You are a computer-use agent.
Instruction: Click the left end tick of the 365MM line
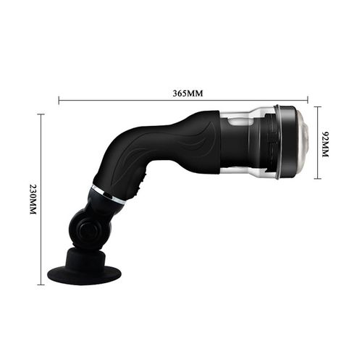coord(59,101)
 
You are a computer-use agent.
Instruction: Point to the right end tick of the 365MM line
coord(308,101)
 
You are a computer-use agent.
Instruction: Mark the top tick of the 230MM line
coord(41,114)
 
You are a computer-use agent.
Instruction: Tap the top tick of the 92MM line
coord(318,107)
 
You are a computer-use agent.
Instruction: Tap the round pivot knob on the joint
coord(88,231)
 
